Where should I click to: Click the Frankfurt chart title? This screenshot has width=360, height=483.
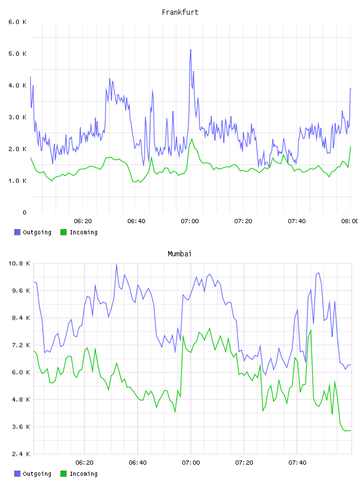(x=180, y=12)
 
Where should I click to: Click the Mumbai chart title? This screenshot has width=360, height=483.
(x=179, y=254)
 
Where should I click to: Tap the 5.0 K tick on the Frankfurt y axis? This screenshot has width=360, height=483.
(x=18, y=54)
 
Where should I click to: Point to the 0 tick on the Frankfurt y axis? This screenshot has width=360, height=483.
(x=24, y=212)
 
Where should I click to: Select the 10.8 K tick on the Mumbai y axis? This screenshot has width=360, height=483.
(x=20, y=263)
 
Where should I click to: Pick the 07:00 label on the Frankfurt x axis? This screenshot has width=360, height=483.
(x=190, y=221)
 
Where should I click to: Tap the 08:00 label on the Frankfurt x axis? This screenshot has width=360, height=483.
(x=350, y=221)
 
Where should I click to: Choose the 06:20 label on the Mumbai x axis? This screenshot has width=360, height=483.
(x=85, y=463)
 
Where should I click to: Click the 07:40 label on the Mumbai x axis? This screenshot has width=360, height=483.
(x=297, y=463)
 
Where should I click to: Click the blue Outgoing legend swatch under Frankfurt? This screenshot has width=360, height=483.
(x=17, y=232)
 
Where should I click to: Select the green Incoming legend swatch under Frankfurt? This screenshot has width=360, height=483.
(x=63, y=232)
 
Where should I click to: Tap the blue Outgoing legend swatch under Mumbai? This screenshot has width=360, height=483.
(x=17, y=474)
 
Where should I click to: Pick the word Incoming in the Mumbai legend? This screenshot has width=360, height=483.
(x=83, y=474)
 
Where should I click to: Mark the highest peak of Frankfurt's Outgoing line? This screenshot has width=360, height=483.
(x=191, y=50)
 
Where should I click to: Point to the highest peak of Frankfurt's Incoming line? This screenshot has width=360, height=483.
(x=192, y=139)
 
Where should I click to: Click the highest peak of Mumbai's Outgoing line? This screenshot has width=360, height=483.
(x=117, y=264)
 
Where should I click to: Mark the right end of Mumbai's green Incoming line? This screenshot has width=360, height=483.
(x=351, y=431)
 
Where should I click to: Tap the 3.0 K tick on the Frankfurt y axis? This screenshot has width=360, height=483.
(x=18, y=117)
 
